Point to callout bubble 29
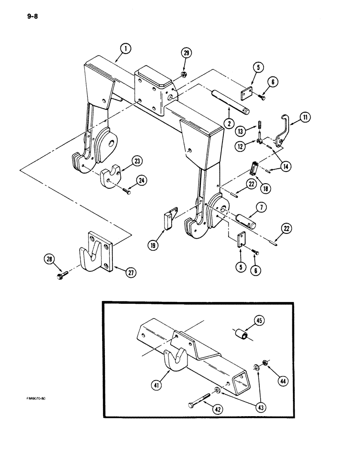(187, 54)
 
